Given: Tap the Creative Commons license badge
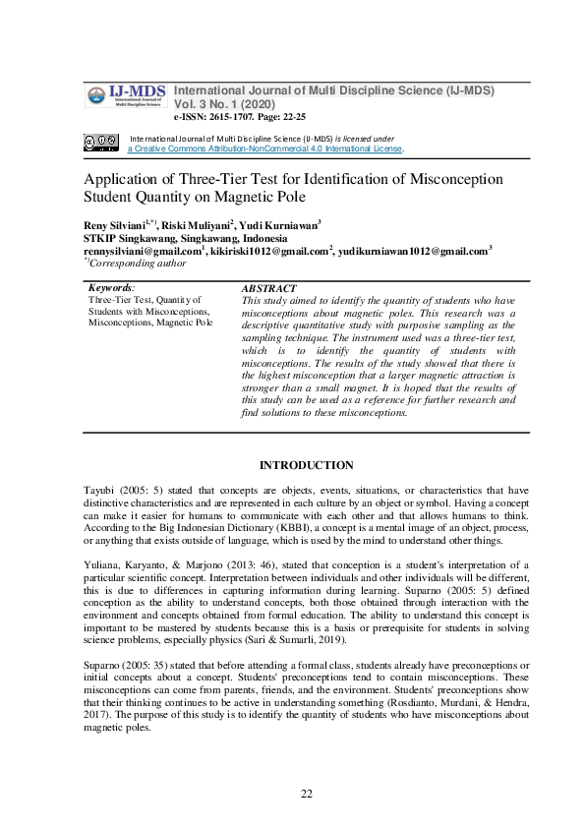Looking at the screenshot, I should point(101,143).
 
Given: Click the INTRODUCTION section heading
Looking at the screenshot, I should point(306,464).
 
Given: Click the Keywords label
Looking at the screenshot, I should point(110,288).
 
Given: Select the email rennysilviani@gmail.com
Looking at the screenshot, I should point(142,251).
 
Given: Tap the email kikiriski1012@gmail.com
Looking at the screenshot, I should point(268,251).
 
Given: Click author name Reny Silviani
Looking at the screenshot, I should point(113,225).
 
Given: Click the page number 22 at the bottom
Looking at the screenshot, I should point(306,793).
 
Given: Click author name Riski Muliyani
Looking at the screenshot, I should point(196,225).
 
